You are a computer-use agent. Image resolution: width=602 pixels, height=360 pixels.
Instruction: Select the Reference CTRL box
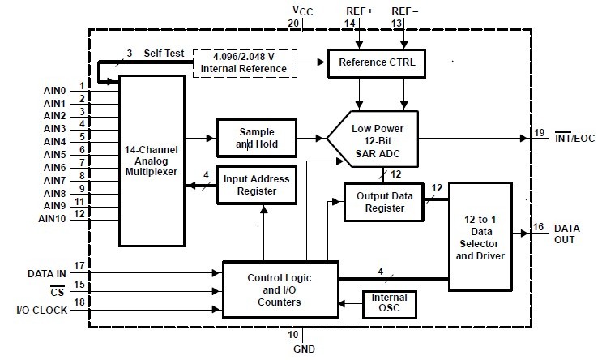[375, 62]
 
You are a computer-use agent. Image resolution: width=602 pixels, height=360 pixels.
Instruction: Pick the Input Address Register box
[253, 185]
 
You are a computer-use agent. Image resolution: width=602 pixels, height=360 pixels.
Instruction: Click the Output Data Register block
[386, 201]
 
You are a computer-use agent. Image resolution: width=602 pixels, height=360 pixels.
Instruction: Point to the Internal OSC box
[389, 303]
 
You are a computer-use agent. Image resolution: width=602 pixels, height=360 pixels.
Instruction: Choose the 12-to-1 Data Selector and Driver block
[480, 233]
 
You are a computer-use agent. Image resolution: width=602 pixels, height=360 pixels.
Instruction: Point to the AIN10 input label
[53, 217]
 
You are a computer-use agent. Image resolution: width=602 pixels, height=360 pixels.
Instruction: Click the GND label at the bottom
[305, 349]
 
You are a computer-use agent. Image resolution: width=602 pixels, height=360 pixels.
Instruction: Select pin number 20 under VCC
[295, 24]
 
